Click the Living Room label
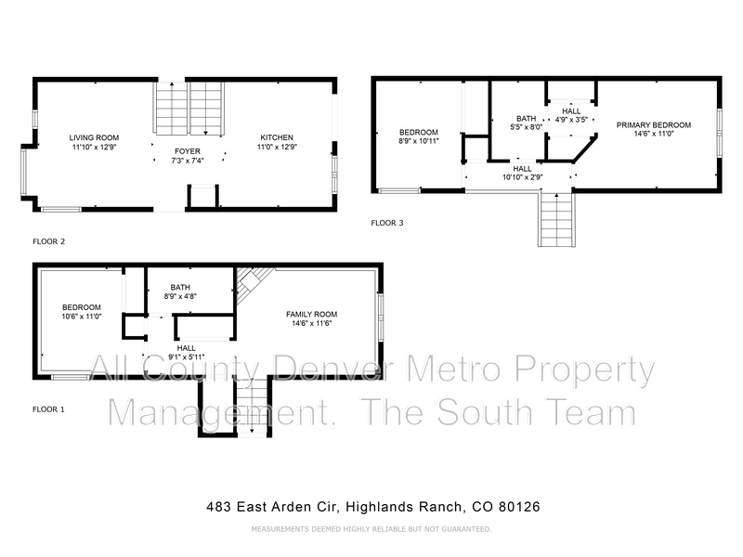(x=94, y=137)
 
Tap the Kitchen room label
(x=277, y=137)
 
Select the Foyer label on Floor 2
(x=188, y=151)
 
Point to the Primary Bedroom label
(x=654, y=125)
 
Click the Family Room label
(x=311, y=314)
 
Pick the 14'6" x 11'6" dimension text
(x=311, y=323)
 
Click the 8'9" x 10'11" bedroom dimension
(x=419, y=141)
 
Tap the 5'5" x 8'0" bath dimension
(x=526, y=127)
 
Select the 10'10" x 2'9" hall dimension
(x=522, y=177)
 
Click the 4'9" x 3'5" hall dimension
(x=571, y=120)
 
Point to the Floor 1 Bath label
(x=180, y=288)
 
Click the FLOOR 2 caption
(x=48, y=241)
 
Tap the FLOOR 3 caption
(x=387, y=223)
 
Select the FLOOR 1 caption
(x=48, y=409)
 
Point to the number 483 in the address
(x=218, y=507)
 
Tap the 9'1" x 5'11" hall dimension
(x=187, y=357)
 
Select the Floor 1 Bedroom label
(x=82, y=307)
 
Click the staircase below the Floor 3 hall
(x=556, y=219)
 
